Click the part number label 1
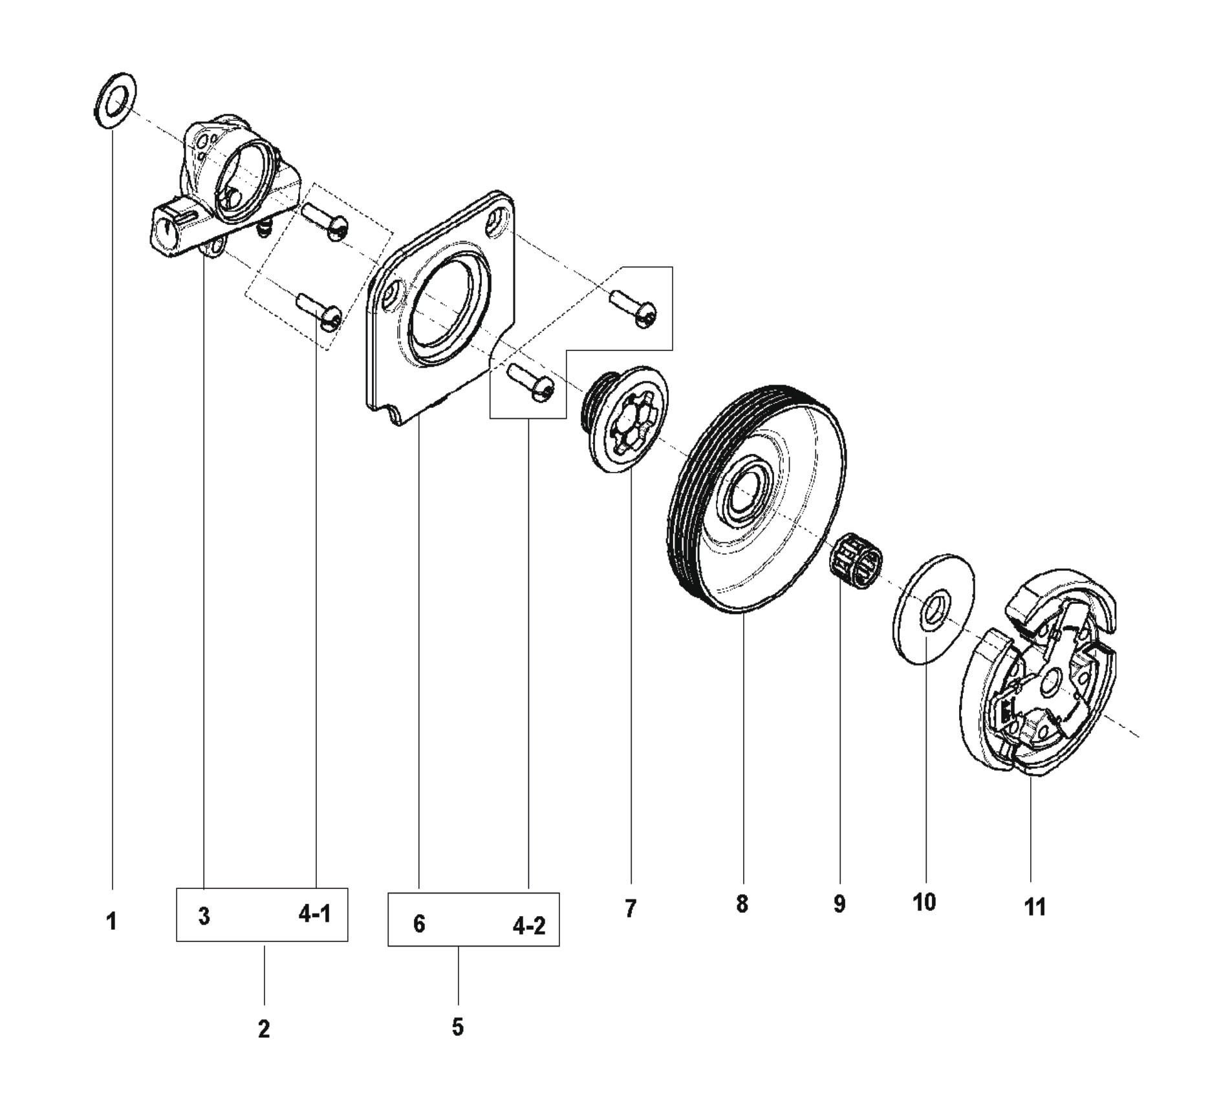click(x=111, y=921)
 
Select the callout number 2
click(x=263, y=1029)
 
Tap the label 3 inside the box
click(x=204, y=915)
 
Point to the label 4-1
click(x=315, y=914)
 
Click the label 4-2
click(x=529, y=926)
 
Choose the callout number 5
click(x=458, y=1027)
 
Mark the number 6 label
click(x=419, y=924)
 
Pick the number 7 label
click(x=631, y=908)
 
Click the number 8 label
click(x=742, y=904)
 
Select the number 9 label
click(x=839, y=904)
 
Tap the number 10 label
click(x=924, y=902)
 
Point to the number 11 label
click(x=1035, y=907)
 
